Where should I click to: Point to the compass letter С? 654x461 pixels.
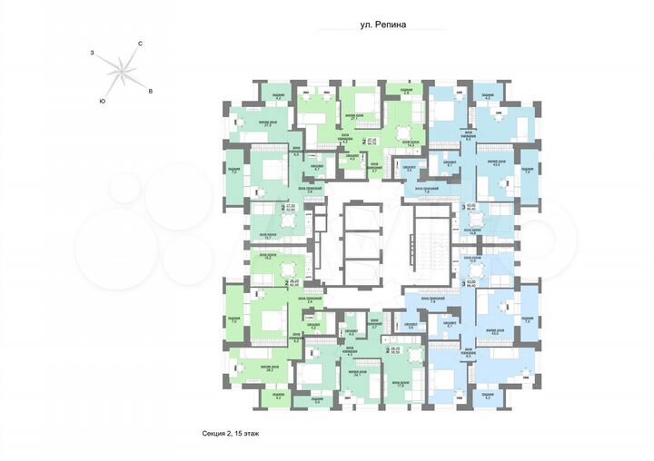[141, 44]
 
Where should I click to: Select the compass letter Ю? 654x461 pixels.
[102, 101]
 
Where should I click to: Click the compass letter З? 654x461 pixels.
[92, 54]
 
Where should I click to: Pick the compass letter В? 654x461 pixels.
[151, 92]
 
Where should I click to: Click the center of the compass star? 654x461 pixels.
[120, 72]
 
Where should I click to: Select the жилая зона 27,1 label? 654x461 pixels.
[356, 118]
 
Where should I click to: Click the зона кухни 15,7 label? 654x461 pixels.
[268, 236]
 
